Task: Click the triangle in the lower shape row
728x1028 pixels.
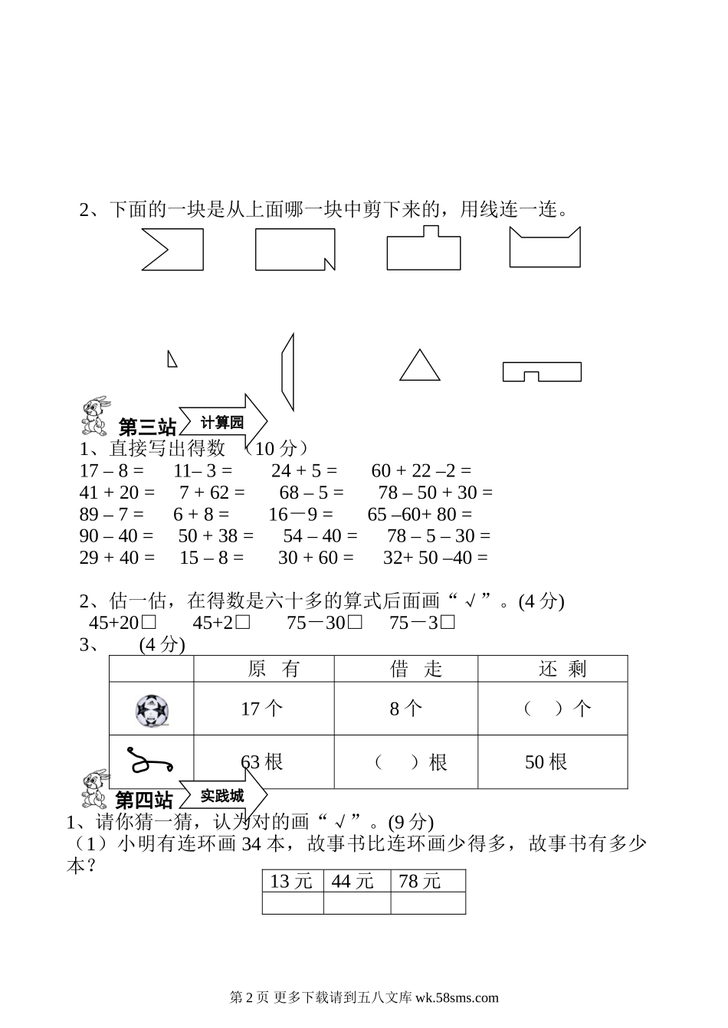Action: [x=420, y=367]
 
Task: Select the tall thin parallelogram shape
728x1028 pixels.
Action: [x=287, y=372]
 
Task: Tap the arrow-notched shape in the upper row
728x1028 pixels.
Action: [x=173, y=249]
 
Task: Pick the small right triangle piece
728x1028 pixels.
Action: [x=172, y=358]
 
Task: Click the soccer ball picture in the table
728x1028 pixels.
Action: [x=151, y=710]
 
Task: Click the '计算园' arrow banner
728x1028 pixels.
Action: [x=223, y=422]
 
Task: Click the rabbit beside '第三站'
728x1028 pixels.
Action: [x=95, y=416]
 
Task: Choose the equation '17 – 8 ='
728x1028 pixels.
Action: [x=111, y=470]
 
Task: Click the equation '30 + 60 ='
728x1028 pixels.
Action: [x=316, y=558]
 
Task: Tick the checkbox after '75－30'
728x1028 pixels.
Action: [x=354, y=623]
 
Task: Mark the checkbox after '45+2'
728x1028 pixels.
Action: [x=243, y=623]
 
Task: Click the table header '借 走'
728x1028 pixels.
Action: [x=405, y=669]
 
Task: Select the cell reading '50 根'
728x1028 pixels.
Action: [x=546, y=762]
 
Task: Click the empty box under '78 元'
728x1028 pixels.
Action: [x=428, y=903]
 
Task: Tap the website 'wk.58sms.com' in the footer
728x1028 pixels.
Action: [x=455, y=997]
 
